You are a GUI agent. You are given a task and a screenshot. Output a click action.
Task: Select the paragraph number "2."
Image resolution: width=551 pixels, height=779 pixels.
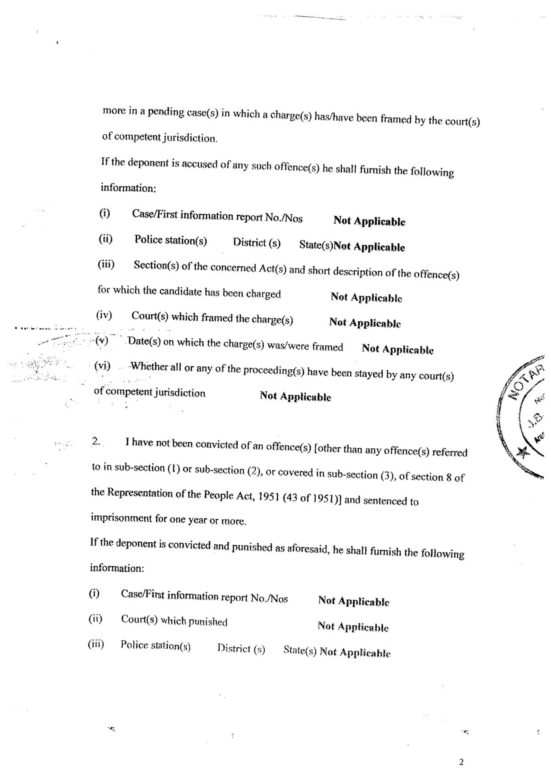[96, 441]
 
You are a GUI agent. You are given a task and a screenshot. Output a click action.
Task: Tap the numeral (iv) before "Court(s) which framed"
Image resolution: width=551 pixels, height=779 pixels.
[104, 315]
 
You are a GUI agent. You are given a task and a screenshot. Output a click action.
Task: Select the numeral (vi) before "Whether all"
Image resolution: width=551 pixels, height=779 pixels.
[102, 366]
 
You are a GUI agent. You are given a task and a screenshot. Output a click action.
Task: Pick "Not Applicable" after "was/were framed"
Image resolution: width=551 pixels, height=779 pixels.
[398, 349]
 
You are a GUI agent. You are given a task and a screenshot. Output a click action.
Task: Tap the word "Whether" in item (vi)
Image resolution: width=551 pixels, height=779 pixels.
[150, 366]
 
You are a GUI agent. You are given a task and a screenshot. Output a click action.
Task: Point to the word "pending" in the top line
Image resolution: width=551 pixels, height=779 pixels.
[166, 112]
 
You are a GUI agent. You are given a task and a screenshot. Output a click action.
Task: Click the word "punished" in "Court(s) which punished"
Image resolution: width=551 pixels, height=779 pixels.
[208, 621]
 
